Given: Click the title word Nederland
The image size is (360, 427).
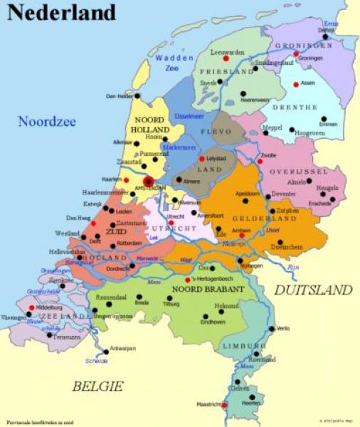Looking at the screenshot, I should tap(63, 13).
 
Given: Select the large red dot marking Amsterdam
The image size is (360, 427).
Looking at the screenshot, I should tap(148, 181).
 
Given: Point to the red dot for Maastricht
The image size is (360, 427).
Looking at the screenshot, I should tap(224, 405).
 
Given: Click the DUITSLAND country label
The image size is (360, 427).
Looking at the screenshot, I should tap(313, 290).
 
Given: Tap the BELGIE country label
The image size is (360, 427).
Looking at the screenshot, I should tap(97, 386).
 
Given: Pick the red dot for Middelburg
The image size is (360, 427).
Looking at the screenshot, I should tap(32, 307).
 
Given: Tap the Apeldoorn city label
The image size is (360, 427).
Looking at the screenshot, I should tap(247, 194).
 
